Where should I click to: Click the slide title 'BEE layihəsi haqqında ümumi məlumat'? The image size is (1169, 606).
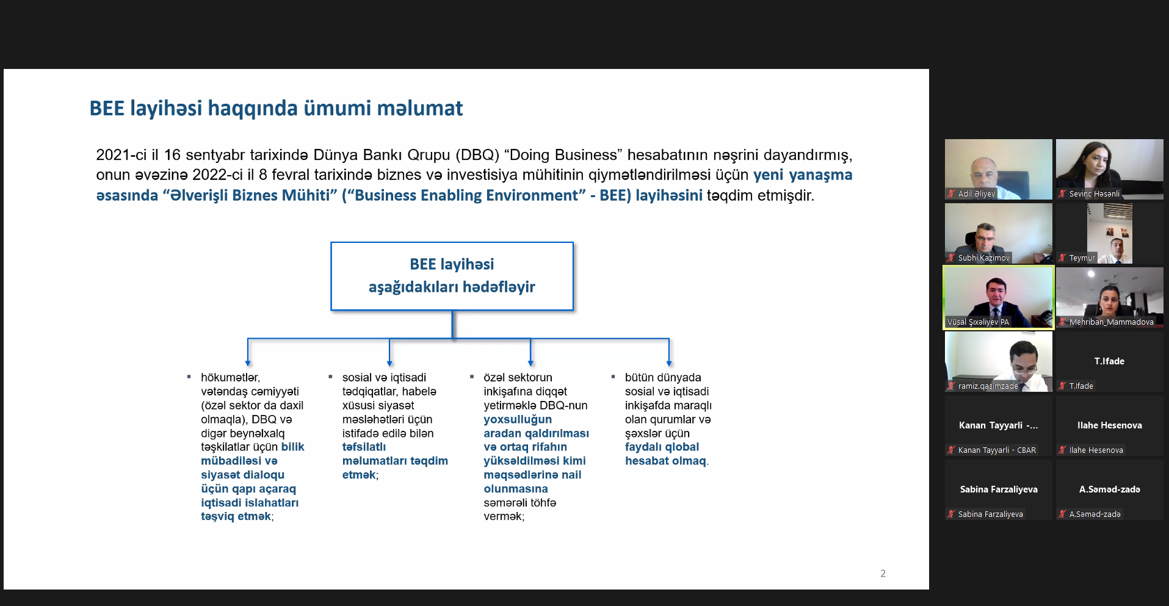276,109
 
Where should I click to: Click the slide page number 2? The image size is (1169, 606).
883,574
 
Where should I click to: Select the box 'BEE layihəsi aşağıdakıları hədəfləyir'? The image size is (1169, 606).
452,276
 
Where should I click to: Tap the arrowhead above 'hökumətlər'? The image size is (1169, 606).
248,363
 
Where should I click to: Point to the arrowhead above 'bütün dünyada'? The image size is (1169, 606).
669,363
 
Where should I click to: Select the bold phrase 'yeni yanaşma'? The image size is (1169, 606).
803,175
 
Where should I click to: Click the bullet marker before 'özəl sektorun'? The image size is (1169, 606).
472,377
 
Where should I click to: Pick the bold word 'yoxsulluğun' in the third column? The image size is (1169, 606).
518,419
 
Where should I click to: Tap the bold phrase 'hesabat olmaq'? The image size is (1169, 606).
665,461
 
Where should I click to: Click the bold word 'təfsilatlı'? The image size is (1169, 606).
364,447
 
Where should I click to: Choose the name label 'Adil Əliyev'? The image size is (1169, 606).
977,194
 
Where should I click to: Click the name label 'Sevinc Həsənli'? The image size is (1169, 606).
1095,194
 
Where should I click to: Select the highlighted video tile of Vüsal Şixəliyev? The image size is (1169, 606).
999,298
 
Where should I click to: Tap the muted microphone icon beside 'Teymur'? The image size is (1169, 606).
1062,258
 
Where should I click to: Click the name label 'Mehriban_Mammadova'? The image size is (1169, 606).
1112,322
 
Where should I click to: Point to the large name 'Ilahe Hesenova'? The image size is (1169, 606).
1110,425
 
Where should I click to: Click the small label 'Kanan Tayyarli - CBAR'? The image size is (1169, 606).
997,450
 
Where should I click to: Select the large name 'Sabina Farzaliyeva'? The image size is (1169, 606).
999,489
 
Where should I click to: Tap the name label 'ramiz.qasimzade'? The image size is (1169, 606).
988,386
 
